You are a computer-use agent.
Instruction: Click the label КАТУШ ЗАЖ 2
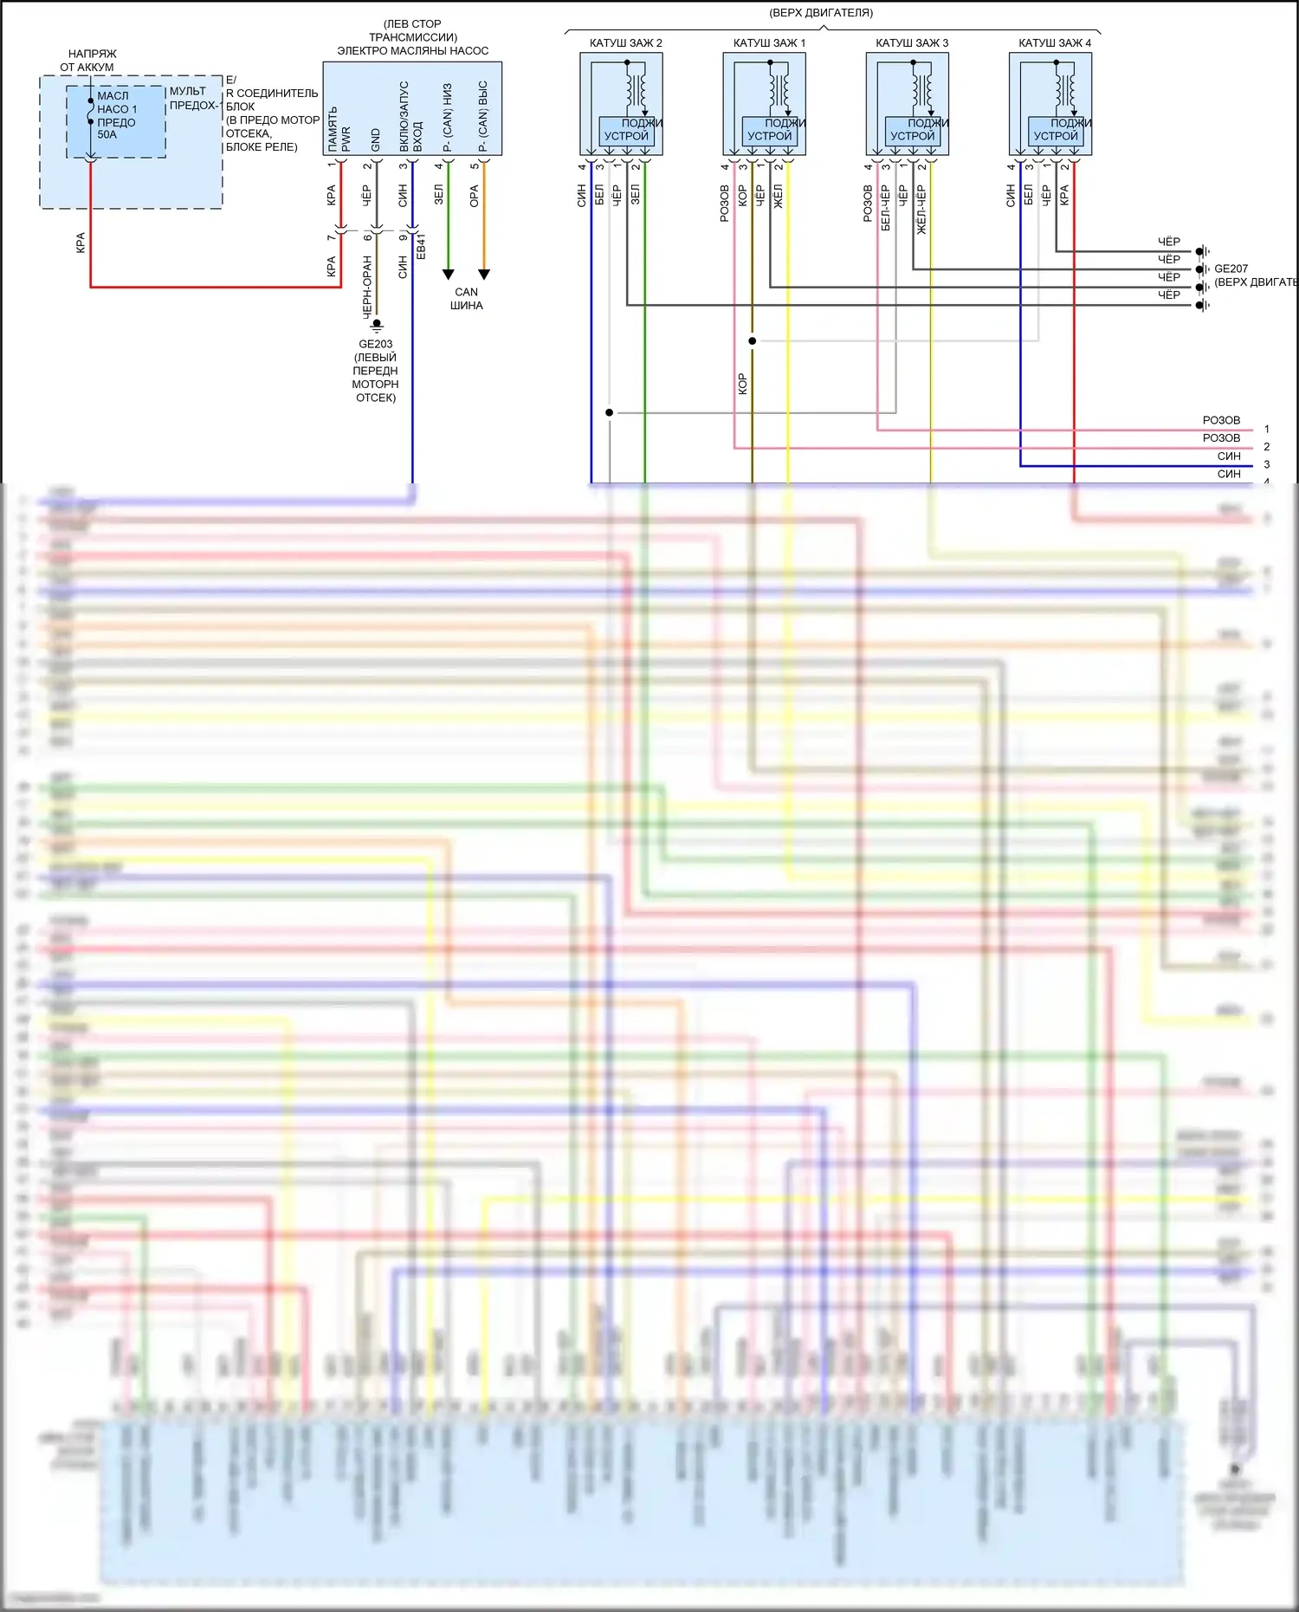(x=625, y=42)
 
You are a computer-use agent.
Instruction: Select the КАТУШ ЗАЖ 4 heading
(x=1054, y=42)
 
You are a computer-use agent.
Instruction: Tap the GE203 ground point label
(x=375, y=344)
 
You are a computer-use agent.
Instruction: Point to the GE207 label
(x=1231, y=269)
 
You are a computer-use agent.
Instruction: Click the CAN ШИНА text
(x=466, y=299)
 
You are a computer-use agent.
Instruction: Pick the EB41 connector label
(x=422, y=246)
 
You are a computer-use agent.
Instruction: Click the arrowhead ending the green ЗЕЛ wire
(x=448, y=275)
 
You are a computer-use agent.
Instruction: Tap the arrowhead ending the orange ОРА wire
(x=484, y=275)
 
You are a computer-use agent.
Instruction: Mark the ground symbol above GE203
(x=377, y=325)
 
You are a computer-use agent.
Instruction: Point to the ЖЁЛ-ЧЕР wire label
(x=921, y=209)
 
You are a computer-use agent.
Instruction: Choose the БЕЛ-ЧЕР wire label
(x=886, y=207)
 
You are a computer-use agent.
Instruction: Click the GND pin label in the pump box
(x=375, y=140)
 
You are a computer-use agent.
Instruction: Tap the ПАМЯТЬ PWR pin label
(x=339, y=130)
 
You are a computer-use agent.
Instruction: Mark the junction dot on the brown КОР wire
(x=753, y=341)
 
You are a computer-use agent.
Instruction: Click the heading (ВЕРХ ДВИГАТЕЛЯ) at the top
(x=821, y=13)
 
